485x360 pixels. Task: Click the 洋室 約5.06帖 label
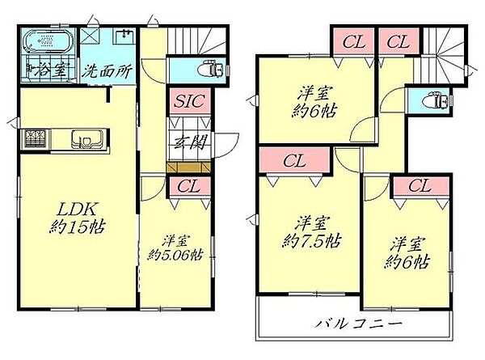[175, 248]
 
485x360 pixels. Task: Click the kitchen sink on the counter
[85, 139]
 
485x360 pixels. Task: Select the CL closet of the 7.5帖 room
[294, 160]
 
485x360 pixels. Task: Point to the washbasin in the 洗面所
[125, 35]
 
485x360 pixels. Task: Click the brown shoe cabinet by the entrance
[188, 167]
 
